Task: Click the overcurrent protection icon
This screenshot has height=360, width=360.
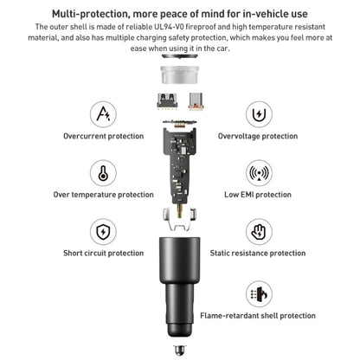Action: tap(103, 114)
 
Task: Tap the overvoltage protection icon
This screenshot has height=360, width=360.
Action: tap(259, 114)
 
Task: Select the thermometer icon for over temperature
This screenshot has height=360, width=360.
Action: tap(103, 173)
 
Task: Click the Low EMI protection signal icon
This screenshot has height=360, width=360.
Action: tap(259, 173)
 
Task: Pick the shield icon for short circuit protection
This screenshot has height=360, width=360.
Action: tap(103, 232)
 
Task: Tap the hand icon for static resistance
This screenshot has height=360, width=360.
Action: tap(259, 232)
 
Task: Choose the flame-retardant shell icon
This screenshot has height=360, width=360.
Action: tap(259, 294)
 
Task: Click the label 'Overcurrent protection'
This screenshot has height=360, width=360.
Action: tap(104, 136)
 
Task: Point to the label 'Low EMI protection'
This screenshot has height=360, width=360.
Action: tap(258, 195)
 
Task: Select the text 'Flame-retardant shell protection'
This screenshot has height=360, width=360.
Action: tap(258, 316)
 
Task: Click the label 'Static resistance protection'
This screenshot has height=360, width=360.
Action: tap(258, 254)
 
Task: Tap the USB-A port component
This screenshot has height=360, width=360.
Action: tap(167, 101)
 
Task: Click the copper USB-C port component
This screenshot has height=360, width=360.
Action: tap(196, 101)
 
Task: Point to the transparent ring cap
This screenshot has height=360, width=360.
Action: tap(180, 74)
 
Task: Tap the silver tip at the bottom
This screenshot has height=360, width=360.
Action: tap(179, 350)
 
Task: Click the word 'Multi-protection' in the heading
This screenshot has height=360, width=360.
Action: tap(90, 14)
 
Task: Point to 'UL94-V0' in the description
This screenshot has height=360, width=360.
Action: tap(171, 27)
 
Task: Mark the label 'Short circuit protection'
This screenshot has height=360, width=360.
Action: tap(104, 254)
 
